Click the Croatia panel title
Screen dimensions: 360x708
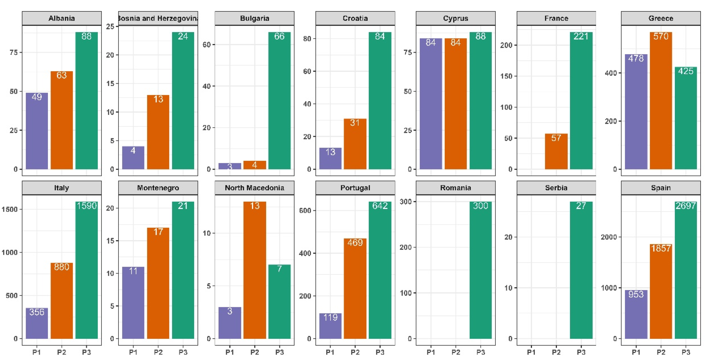coord(355,18)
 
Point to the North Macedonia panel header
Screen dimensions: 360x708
coord(255,188)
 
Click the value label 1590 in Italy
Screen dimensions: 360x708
coord(86,206)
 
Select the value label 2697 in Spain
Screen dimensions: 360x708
coord(685,206)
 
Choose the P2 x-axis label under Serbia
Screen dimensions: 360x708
coord(556,352)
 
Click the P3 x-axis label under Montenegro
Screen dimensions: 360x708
coord(183,352)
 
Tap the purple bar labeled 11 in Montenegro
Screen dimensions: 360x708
coord(133,303)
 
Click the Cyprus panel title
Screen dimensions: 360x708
coord(455,18)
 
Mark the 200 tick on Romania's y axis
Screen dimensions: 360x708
coord(406,247)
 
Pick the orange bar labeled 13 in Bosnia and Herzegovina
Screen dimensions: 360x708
coord(158,132)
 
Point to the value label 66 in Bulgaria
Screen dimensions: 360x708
coord(279,36)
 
